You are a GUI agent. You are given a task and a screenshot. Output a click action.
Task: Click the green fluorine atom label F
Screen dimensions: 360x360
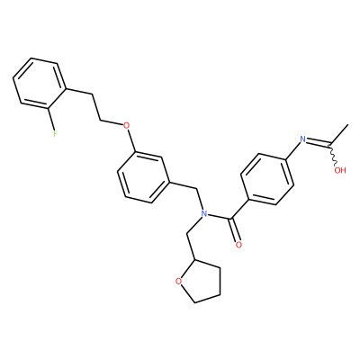(x=55, y=133)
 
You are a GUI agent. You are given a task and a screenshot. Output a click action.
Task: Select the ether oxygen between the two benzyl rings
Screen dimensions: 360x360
(x=127, y=125)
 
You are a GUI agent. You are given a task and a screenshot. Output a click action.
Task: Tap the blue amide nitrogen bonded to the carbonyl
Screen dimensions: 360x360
(x=204, y=213)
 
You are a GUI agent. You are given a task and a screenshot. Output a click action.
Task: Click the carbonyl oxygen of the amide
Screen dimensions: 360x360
(x=238, y=245)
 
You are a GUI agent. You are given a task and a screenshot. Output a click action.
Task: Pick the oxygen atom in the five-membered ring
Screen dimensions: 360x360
(x=179, y=281)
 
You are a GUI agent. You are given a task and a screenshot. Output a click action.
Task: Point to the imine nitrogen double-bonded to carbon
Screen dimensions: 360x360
(x=303, y=139)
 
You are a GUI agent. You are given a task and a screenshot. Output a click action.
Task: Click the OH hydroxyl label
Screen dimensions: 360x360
(x=340, y=170)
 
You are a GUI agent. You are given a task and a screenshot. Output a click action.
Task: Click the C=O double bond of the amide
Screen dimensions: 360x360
(x=236, y=229)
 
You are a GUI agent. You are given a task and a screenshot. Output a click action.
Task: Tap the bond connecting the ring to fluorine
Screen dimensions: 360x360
(x=51, y=118)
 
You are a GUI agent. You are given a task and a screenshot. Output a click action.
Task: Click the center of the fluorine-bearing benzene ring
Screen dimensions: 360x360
(x=40, y=83)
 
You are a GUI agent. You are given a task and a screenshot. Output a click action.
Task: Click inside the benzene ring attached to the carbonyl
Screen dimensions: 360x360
(x=267, y=179)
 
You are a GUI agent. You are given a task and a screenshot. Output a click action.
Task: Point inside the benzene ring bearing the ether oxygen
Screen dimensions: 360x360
(x=144, y=177)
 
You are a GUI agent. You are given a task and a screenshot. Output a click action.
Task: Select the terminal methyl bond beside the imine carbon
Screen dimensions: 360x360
(x=338, y=134)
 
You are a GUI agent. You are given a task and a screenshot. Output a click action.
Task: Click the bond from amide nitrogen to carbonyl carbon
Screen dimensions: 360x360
(x=220, y=216)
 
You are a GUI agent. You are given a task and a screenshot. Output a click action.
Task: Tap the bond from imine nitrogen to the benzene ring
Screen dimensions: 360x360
(x=293, y=150)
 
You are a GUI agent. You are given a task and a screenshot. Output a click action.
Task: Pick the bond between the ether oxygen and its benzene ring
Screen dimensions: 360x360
(x=130, y=140)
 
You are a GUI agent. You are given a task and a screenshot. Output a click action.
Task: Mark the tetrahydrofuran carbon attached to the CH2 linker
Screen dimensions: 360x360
(x=195, y=260)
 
